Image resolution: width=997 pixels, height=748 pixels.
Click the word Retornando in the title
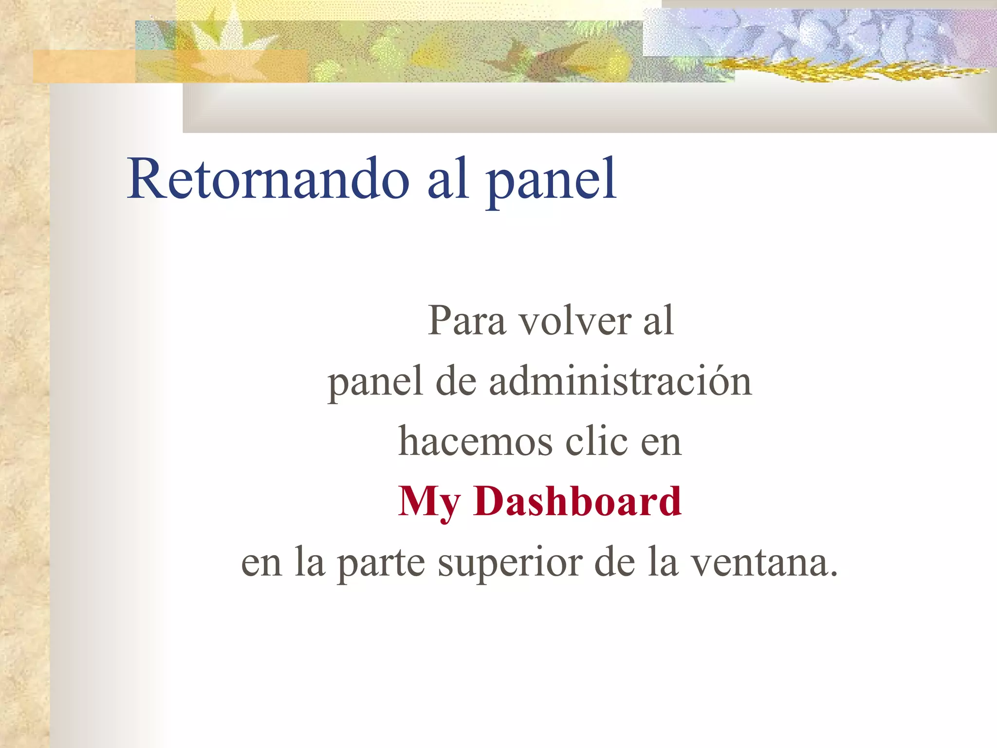[268, 179]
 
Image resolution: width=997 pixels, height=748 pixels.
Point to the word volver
[574, 321]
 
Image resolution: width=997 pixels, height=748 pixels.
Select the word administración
[620, 381]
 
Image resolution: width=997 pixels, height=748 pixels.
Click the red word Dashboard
[577, 501]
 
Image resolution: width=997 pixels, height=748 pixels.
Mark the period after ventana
[833, 574]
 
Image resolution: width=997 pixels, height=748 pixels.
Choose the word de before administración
[456, 381]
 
